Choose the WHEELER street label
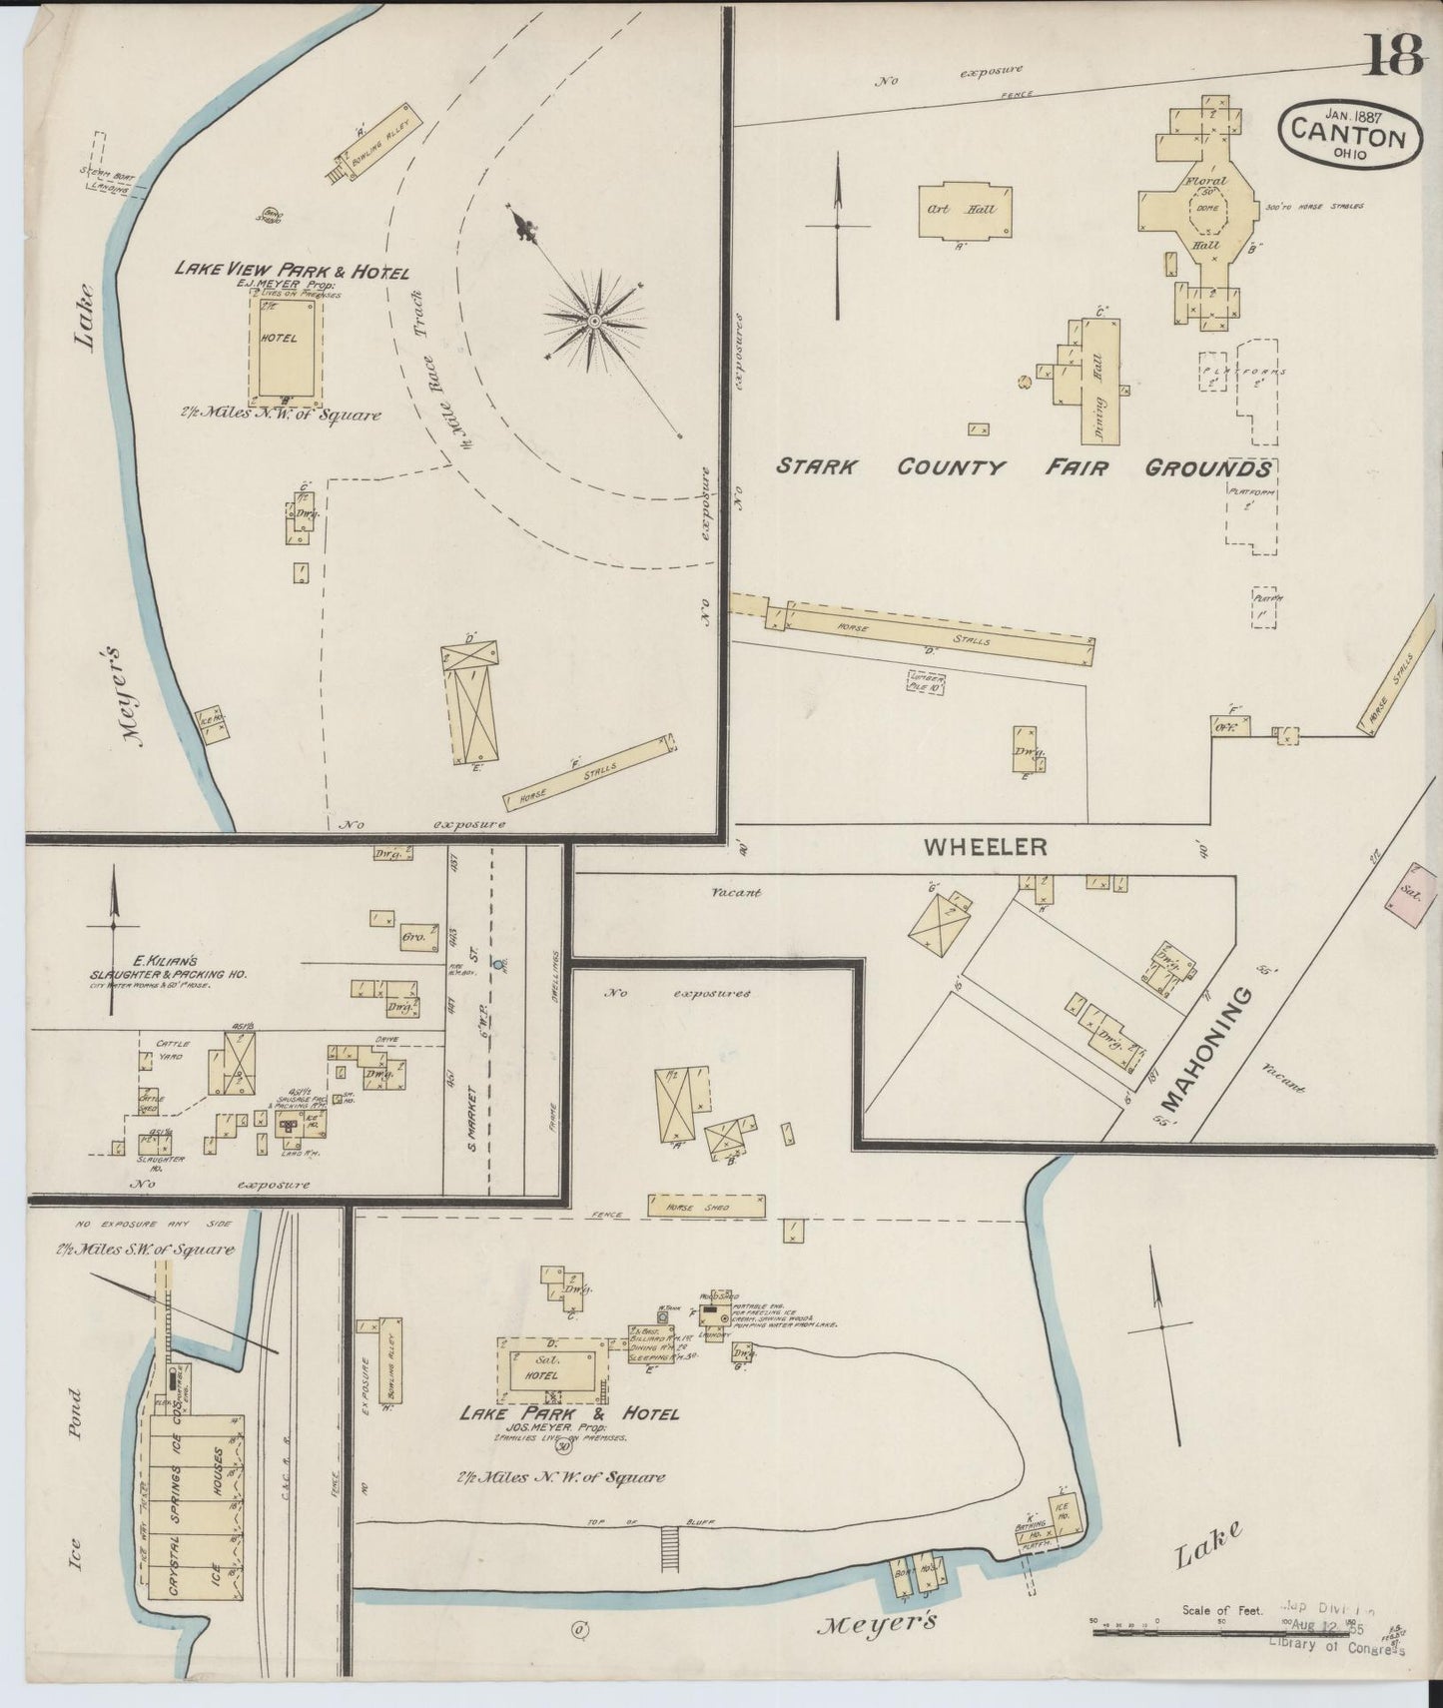point(985,847)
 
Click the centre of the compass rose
point(594,321)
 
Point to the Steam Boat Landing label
point(107,181)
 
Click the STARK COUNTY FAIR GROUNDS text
point(1024,467)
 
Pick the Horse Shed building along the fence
point(706,1207)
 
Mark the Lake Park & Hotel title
point(568,1414)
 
